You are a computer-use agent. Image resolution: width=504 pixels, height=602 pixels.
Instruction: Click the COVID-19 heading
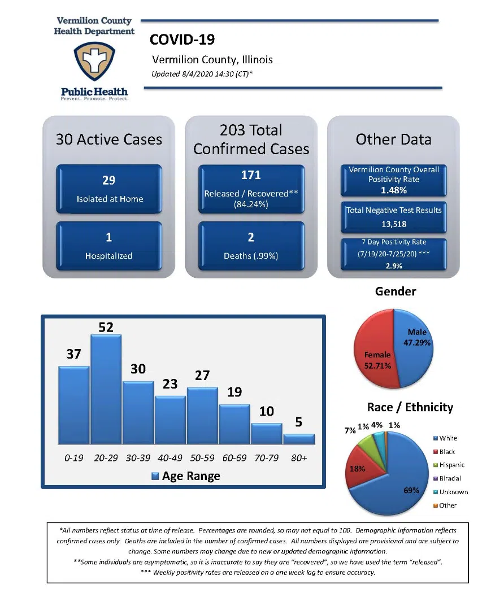pyautogui.click(x=182, y=40)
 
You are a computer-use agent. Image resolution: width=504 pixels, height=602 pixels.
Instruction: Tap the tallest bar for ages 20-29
pyautogui.click(x=106, y=390)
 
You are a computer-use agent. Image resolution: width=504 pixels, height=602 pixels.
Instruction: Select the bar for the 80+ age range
pyautogui.click(x=299, y=439)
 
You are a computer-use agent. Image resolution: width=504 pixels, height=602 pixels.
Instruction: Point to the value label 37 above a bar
pyautogui.click(x=73, y=355)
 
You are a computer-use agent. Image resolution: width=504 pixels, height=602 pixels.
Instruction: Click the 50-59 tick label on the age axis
pyautogui.click(x=202, y=458)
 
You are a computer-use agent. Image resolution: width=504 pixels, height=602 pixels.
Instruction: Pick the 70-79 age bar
pyautogui.click(x=267, y=433)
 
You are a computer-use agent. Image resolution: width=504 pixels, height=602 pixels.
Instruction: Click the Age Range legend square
pyautogui.click(x=155, y=477)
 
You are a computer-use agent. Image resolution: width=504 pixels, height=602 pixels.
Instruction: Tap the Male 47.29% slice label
pyautogui.click(x=417, y=338)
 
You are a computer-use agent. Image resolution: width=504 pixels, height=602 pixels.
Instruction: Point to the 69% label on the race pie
pyautogui.click(x=411, y=490)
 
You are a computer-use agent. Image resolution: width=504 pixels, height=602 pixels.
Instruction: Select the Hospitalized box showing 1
pyautogui.click(x=109, y=246)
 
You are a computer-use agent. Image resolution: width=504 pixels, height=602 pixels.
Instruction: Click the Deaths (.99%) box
pyautogui.click(x=251, y=246)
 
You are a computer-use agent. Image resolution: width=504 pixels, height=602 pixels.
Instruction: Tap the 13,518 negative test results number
pyautogui.click(x=393, y=224)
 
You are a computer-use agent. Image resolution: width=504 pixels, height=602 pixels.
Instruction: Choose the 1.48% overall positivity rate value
pyautogui.click(x=393, y=190)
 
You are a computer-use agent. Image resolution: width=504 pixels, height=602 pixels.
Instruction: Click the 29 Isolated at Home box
pyautogui.click(x=109, y=189)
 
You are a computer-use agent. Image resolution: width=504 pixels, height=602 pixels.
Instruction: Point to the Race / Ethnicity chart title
pyautogui.click(x=410, y=407)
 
